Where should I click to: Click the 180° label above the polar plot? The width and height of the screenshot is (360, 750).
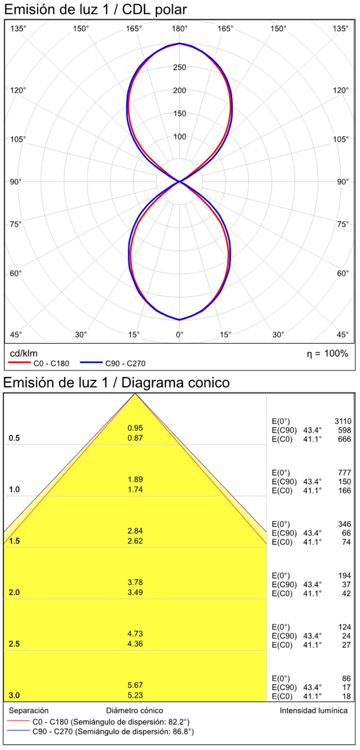click(x=180, y=29)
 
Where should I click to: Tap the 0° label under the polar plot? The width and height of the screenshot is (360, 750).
click(x=180, y=335)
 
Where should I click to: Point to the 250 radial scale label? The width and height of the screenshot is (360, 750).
click(x=180, y=67)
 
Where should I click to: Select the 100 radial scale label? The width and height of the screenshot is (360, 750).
click(x=180, y=137)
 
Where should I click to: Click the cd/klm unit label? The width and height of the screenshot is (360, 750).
click(x=24, y=354)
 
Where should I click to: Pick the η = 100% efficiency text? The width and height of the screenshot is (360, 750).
click(x=327, y=354)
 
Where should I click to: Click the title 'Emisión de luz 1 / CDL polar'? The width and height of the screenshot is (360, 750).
click(x=95, y=9)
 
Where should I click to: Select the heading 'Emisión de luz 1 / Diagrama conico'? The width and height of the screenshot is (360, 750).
click(x=116, y=382)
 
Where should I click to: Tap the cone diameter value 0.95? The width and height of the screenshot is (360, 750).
click(x=135, y=428)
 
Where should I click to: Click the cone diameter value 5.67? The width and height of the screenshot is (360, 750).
click(x=135, y=685)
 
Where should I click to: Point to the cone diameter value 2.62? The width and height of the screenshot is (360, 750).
click(x=135, y=541)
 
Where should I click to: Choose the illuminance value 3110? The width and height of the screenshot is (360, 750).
click(x=343, y=421)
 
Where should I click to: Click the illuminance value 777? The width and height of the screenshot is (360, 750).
click(x=344, y=472)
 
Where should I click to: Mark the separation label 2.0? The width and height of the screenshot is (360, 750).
click(x=15, y=592)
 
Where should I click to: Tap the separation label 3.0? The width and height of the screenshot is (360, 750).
click(x=15, y=695)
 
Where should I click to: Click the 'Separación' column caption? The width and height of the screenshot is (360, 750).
click(x=29, y=710)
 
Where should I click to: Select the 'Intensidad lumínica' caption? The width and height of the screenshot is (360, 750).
click(x=314, y=710)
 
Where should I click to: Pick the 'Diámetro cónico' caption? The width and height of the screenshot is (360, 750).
click(x=135, y=710)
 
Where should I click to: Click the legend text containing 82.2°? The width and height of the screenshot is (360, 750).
click(x=111, y=722)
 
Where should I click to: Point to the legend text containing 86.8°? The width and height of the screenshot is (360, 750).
click(x=113, y=732)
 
